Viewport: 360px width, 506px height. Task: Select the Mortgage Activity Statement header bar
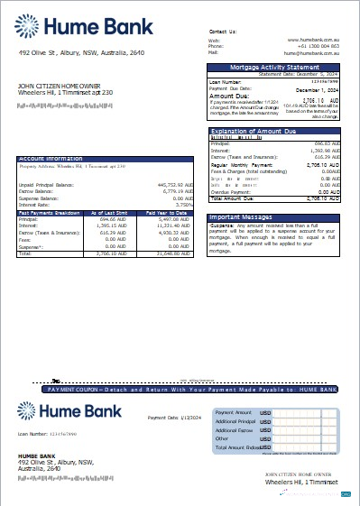(x=274, y=68)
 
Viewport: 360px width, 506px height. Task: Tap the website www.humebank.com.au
(x=312, y=40)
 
